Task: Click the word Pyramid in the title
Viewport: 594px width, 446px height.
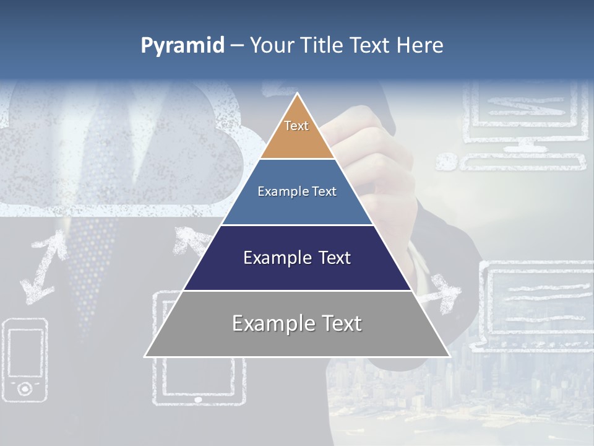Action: click(182, 45)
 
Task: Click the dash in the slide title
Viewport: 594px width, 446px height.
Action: click(236, 45)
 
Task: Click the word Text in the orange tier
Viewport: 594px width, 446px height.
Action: click(296, 126)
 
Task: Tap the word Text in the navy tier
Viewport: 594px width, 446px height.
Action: click(329, 258)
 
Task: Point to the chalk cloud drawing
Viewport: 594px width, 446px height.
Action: click(118, 161)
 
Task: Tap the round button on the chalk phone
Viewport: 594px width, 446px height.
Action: click(25, 388)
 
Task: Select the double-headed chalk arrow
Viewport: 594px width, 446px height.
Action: click(43, 263)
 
